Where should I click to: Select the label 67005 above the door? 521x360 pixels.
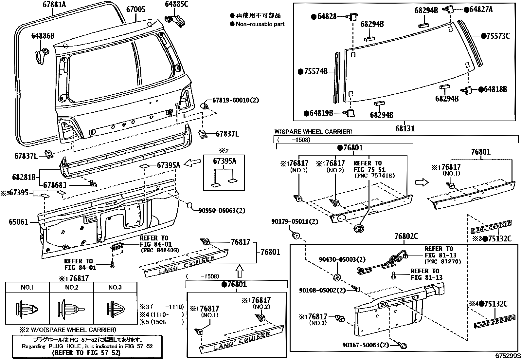pyautogui.click(x=136, y=10)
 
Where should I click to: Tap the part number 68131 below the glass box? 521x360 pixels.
pyautogui.click(x=405, y=129)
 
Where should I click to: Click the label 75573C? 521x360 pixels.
pyautogui.click(x=498, y=36)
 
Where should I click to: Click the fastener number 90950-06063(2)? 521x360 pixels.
pyautogui.click(x=222, y=211)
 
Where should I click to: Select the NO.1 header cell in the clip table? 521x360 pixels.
pyautogui.click(x=27, y=288)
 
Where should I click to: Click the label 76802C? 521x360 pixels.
pyautogui.click(x=406, y=237)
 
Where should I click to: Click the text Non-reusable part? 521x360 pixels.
pyautogui.click(x=260, y=24)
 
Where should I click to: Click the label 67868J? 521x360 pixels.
pyautogui.click(x=55, y=186)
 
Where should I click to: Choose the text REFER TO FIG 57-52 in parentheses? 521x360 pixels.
pyautogui.click(x=86, y=353)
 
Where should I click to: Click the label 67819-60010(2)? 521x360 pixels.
pyautogui.click(x=235, y=100)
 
